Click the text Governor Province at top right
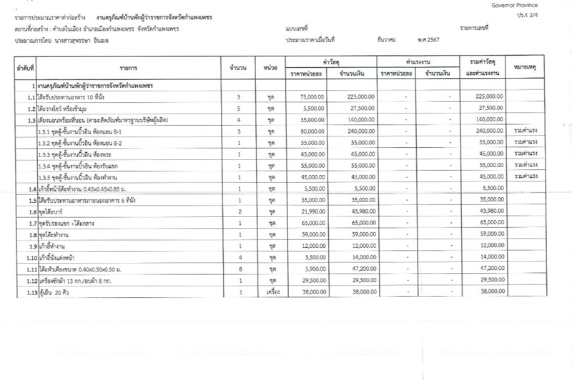coord(526,5)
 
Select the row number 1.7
coord(31,224)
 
